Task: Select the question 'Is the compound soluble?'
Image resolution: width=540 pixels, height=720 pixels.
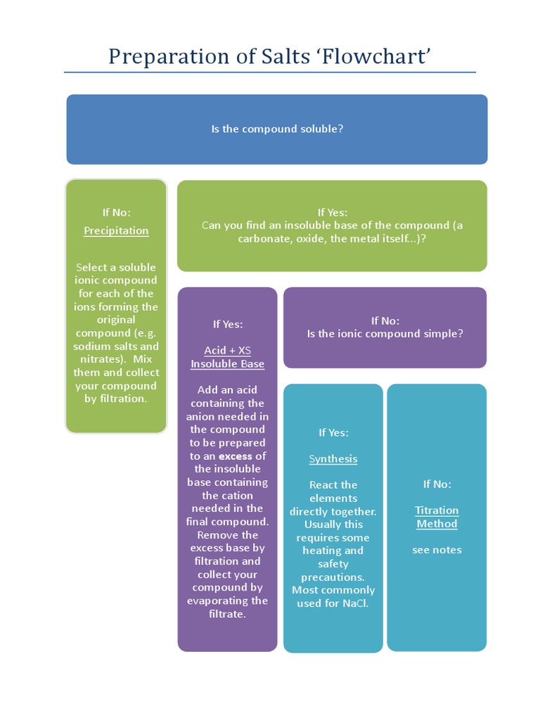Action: (x=277, y=129)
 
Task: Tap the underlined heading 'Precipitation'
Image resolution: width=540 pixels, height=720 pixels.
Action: (x=116, y=231)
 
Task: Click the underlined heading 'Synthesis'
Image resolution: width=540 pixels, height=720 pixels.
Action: (x=333, y=459)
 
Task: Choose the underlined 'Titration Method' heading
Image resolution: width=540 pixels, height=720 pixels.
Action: (x=437, y=517)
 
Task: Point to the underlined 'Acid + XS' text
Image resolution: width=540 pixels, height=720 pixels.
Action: (x=228, y=350)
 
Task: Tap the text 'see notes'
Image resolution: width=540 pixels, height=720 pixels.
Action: (x=437, y=550)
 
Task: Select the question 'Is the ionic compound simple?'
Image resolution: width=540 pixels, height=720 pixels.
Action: (x=385, y=334)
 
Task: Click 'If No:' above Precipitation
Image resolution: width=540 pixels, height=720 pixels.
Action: (x=116, y=212)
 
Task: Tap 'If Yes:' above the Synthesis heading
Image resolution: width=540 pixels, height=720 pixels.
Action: (x=333, y=432)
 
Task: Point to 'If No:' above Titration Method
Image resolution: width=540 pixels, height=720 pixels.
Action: (x=437, y=484)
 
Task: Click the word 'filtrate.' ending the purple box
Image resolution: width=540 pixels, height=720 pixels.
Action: (x=228, y=614)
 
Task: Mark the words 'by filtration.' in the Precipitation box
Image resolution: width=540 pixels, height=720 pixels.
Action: (x=116, y=399)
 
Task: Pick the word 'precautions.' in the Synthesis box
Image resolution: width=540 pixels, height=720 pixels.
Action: (x=333, y=577)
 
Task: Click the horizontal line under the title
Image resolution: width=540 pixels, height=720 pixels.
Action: (x=270, y=72)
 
